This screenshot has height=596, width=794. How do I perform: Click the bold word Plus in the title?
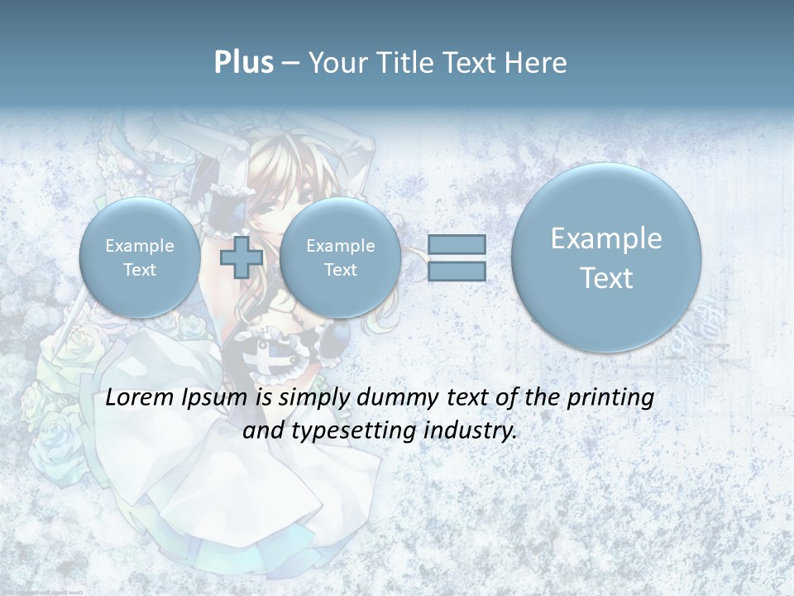(x=243, y=63)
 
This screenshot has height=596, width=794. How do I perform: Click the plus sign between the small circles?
(x=242, y=257)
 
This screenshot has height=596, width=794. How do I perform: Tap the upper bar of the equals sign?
(x=457, y=244)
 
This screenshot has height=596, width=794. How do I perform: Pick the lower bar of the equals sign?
(x=457, y=271)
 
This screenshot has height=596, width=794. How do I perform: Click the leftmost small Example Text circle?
(x=140, y=257)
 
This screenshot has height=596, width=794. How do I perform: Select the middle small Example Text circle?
(x=340, y=257)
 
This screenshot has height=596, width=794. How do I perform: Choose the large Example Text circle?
(x=606, y=257)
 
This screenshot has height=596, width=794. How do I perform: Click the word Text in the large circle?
(x=606, y=278)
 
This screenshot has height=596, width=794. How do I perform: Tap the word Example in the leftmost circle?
(x=140, y=246)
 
